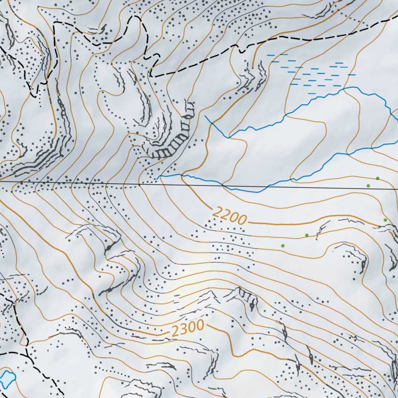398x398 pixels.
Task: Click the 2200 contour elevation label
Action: coord(230,216)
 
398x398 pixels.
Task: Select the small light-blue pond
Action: coord(7,377)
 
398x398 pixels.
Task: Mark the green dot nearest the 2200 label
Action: coord(283,246)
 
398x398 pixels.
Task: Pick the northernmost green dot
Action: coord(377,178)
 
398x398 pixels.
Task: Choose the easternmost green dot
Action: coord(385,220)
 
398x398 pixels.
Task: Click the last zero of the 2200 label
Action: coord(241,220)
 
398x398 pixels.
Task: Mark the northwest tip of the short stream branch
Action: coord(205,116)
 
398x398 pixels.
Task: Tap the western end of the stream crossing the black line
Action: coord(157,178)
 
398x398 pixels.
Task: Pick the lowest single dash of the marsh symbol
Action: coord(312,93)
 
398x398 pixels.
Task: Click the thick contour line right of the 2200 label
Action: coord(295,225)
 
